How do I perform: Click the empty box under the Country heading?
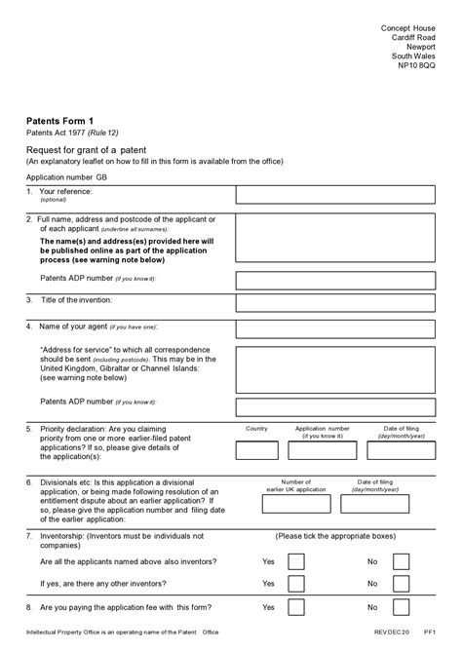(x=256, y=452)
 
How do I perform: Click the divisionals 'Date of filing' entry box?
(x=376, y=504)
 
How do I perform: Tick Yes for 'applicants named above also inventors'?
(x=296, y=562)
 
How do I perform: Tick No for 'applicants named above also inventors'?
(x=400, y=562)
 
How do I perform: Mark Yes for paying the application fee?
(x=296, y=608)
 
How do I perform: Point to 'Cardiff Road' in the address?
(x=412, y=37)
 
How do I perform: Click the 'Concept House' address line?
(x=407, y=28)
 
